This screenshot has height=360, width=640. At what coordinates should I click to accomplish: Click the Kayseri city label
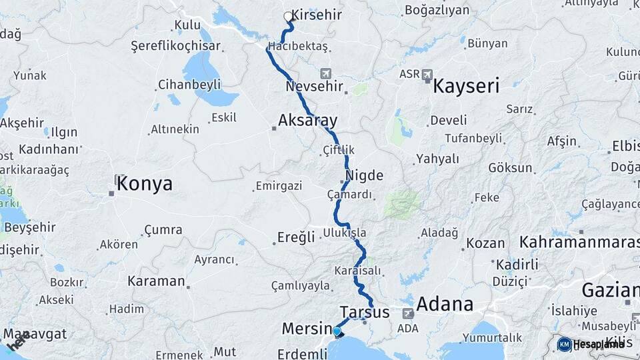point(467,86)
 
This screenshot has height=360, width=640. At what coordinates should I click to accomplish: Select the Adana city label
point(445,305)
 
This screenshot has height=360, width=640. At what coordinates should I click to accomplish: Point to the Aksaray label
point(307,121)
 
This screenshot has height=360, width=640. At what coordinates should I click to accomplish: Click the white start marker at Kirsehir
point(288,16)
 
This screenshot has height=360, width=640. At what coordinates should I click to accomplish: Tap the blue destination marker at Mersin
point(337,331)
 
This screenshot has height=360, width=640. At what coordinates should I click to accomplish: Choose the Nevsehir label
point(314,87)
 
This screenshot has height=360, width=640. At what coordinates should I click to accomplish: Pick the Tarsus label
point(364,312)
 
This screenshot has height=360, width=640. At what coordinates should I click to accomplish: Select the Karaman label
point(155,281)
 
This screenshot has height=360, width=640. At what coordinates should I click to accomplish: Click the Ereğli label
point(296,238)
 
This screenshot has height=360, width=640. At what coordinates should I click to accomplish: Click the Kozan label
point(485,243)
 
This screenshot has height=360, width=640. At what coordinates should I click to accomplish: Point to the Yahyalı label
point(437,159)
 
